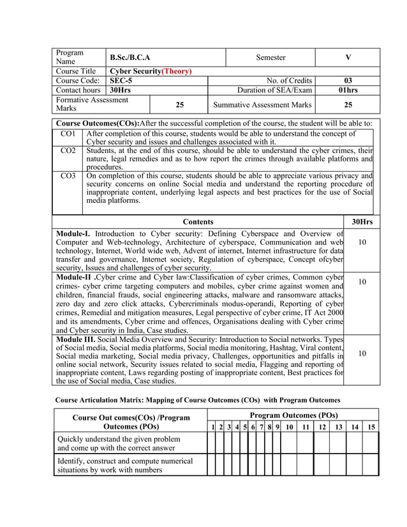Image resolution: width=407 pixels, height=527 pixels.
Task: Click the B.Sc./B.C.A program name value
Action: [x=130, y=58]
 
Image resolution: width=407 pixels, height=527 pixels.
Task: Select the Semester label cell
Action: [x=270, y=58]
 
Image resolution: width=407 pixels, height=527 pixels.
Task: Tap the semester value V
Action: [x=348, y=58]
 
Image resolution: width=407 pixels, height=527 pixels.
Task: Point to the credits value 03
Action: [x=348, y=81]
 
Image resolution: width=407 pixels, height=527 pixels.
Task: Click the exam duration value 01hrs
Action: [x=348, y=91]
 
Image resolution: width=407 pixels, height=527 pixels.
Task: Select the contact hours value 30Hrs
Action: [x=121, y=91]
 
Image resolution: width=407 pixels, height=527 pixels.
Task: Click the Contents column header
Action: [x=198, y=221]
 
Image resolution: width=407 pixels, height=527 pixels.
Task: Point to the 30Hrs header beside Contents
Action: [x=362, y=221]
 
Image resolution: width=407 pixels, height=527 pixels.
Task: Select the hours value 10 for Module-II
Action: [x=362, y=282]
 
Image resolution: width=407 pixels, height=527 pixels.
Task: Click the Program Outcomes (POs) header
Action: [x=293, y=415]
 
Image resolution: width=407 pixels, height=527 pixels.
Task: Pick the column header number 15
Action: [x=371, y=426]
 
